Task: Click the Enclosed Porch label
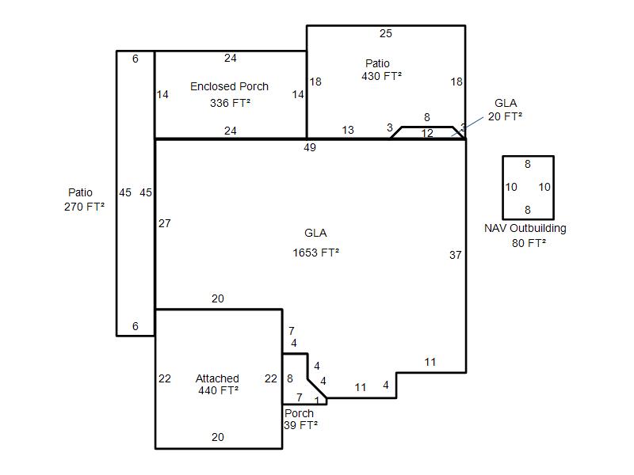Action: click(229, 86)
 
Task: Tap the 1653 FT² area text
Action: click(315, 253)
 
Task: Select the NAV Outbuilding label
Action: click(525, 229)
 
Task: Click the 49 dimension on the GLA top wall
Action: click(310, 147)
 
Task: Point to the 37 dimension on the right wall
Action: click(455, 255)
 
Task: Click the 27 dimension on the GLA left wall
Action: click(165, 223)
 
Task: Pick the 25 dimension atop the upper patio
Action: click(386, 33)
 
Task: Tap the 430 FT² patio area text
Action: click(382, 76)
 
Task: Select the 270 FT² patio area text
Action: click(84, 207)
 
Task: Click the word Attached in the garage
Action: click(217, 378)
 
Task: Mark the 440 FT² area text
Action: click(219, 390)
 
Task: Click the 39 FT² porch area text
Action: click(301, 425)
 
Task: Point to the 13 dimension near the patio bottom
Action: click(348, 130)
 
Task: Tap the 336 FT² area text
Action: click(230, 104)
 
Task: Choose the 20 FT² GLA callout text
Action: click(505, 116)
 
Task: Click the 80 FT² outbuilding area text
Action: click(529, 243)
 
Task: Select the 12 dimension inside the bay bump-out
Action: click(427, 133)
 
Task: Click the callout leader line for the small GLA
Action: click(468, 127)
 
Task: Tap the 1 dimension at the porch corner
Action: click(317, 401)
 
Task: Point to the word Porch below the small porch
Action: click(300, 413)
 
